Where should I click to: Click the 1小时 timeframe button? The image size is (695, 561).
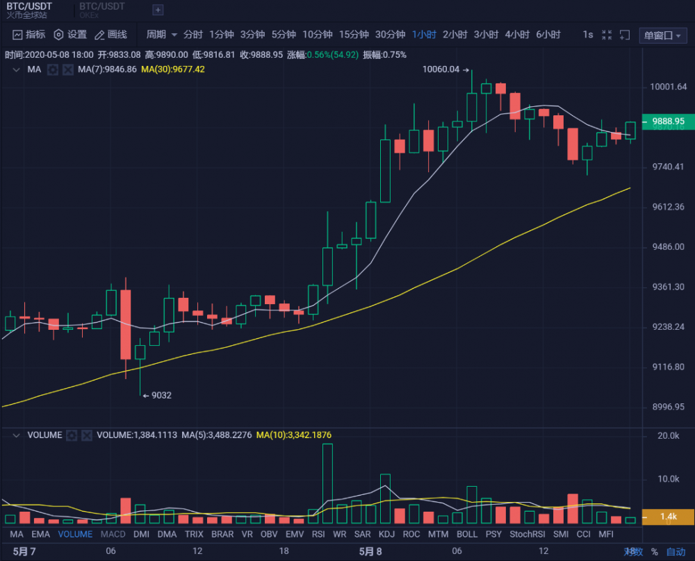click(x=424, y=35)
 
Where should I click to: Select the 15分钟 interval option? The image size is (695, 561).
click(x=354, y=35)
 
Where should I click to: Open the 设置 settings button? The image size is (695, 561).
click(x=70, y=35)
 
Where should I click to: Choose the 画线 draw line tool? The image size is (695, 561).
click(x=111, y=35)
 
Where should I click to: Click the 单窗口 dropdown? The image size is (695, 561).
click(x=662, y=35)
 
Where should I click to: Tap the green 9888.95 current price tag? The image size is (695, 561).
click(x=668, y=122)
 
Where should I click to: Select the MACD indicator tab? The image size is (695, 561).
click(x=113, y=534)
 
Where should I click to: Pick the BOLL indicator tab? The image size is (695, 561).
click(x=467, y=534)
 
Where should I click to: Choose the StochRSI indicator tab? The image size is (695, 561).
click(x=527, y=534)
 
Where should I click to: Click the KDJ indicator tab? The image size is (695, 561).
click(x=386, y=534)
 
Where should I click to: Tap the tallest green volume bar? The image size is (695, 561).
click(x=327, y=484)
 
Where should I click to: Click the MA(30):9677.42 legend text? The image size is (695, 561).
click(x=172, y=69)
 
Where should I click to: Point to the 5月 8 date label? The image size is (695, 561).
click(x=370, y=552)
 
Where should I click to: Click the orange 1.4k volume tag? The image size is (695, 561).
click(x=668, y=517)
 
